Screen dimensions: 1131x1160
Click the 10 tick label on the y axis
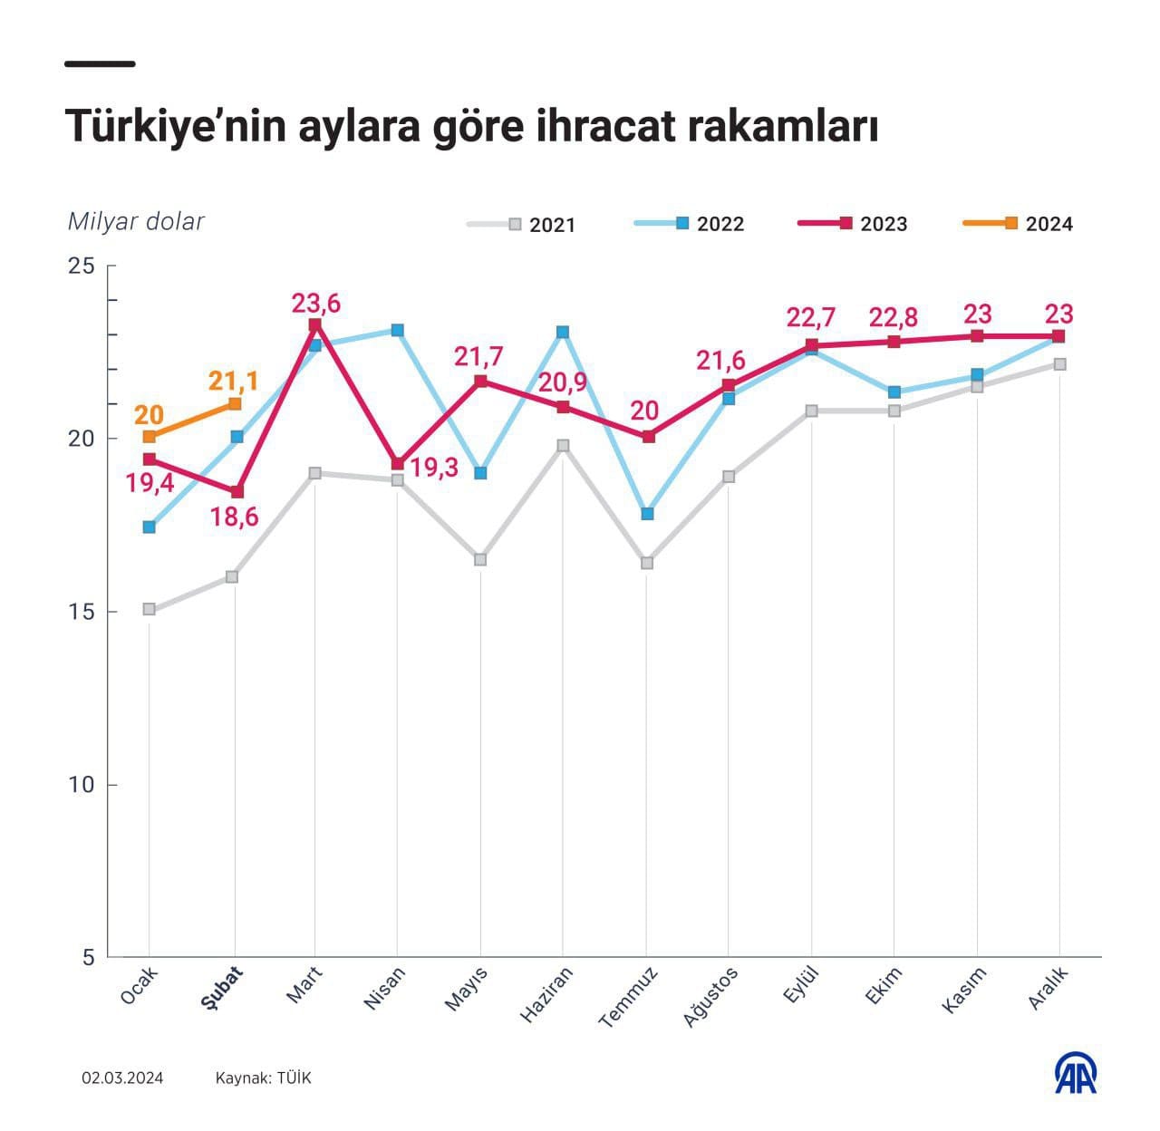(82, 785)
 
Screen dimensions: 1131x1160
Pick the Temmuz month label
(628, 997)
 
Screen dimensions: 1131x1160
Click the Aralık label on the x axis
(1049, 988)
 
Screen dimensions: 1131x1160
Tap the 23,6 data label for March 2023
(315, 303)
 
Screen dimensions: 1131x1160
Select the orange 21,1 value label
(233, 381)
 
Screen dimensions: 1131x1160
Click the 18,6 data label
(234, 517)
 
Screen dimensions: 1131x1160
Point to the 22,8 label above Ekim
(893, 317)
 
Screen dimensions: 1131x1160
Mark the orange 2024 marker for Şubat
(235, 403)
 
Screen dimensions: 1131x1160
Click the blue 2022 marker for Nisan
(397, 331)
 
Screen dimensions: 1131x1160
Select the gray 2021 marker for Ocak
(150, 609)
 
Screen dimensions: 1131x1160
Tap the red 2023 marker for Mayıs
(481, 382)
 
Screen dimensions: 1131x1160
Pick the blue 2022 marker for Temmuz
(647, 514)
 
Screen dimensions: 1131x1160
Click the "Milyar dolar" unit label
(136, 222)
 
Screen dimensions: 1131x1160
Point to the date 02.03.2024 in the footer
(122, 1078)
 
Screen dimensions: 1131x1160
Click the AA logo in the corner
(1076, 1074)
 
